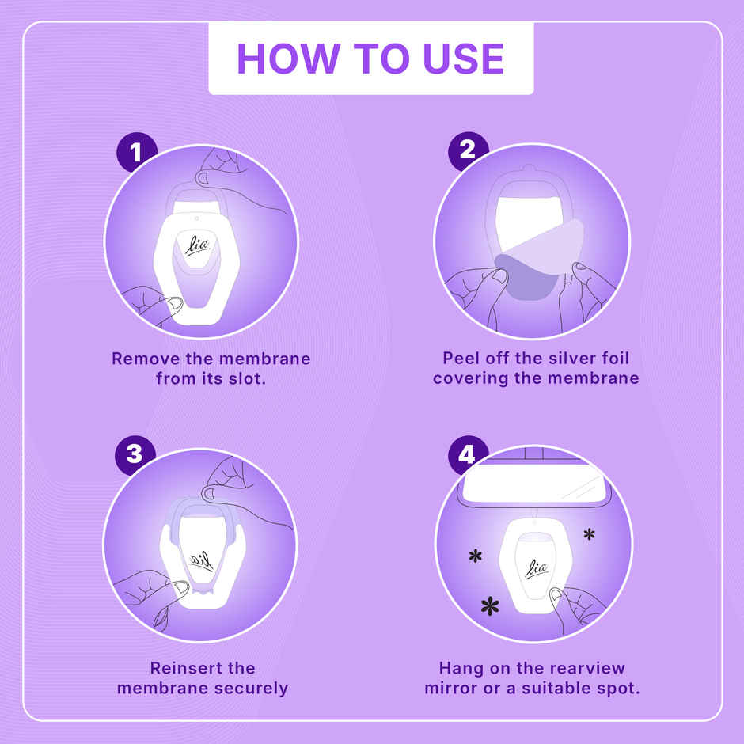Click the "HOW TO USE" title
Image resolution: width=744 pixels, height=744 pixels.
pos(370,59)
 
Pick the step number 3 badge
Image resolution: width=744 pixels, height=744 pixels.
pos(135,454)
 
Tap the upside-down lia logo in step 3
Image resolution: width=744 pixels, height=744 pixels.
pos(201,560)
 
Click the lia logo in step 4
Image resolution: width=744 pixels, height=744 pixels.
pos(537,567)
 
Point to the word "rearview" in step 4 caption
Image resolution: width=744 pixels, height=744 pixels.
pos(583,668)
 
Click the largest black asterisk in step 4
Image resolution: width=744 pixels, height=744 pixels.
pos(491,607)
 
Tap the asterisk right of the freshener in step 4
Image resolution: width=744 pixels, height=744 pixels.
pos(589,534)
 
